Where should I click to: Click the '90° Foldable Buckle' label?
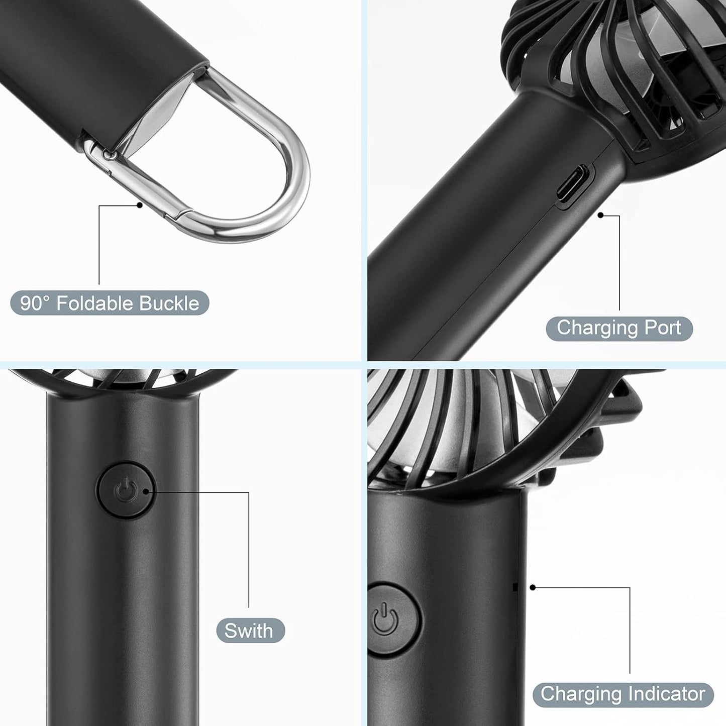[x=110, y=303]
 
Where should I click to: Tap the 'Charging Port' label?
[x=619, y=328]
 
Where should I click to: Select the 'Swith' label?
[x=250, y=631]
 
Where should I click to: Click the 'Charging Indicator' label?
[x=623, y=694]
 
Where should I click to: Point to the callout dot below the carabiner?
[x=140, y=205]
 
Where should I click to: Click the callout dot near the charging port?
[x=600, y=215]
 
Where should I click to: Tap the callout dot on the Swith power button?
[x=146, y=492]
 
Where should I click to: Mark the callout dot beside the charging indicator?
[x=533, y=587]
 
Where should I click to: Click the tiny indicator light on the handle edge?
[x=514, y=586]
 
